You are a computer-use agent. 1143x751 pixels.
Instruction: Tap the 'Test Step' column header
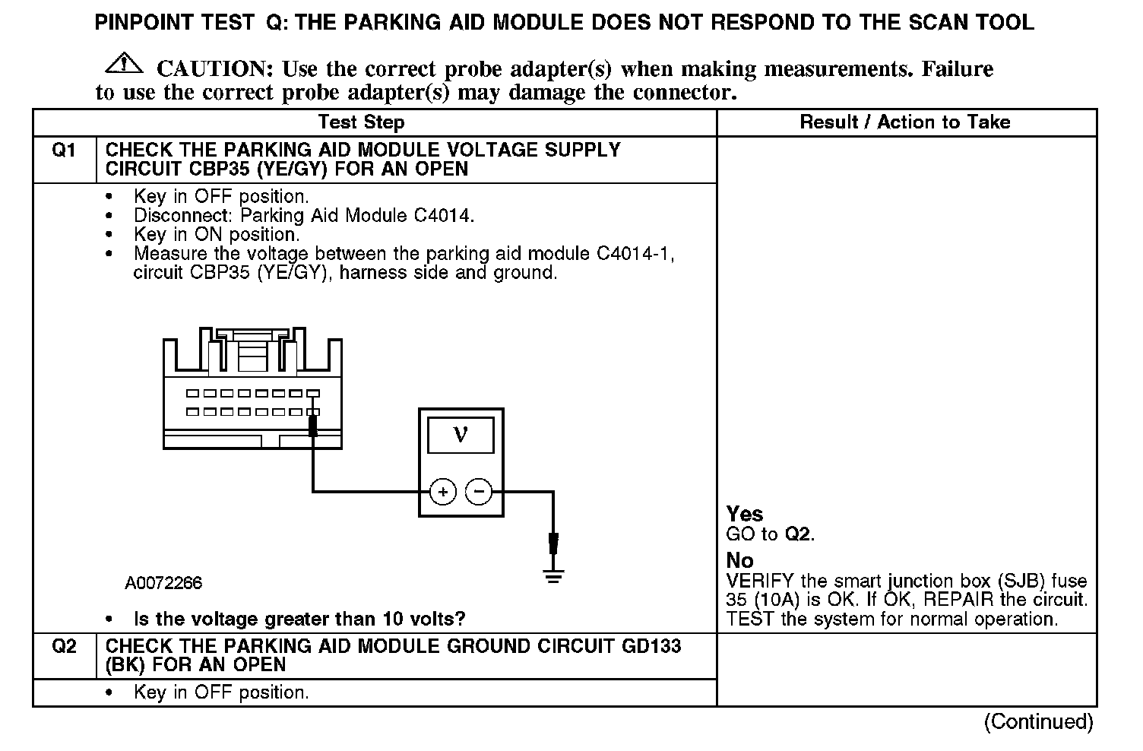361,122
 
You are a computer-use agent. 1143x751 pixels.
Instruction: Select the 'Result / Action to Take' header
905,122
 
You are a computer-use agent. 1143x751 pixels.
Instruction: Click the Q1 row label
64,151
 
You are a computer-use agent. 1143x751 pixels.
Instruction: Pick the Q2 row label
64,647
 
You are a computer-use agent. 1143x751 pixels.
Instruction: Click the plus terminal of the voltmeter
443,492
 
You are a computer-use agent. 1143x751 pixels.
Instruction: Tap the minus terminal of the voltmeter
479,492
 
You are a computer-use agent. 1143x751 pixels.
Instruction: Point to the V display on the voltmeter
461,435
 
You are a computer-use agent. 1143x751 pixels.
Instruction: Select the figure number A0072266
163,583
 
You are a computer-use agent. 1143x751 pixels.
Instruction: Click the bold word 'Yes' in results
745,514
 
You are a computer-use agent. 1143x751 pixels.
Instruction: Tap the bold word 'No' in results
739,560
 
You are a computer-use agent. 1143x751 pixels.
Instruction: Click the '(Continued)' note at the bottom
1038,721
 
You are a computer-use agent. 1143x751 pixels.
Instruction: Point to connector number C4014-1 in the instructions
635,254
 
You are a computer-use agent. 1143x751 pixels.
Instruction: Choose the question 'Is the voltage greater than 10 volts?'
299,619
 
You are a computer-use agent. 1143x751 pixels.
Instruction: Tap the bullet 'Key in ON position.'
217,235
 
